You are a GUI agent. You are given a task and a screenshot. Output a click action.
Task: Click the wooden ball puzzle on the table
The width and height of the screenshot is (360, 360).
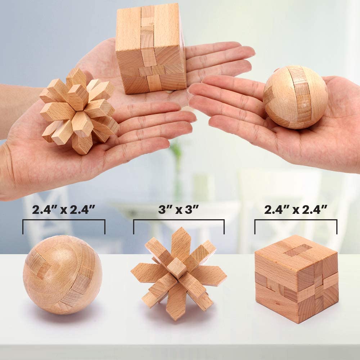coord(62,275)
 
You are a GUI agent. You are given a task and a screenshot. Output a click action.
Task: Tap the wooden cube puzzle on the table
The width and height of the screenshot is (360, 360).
coord(297,279)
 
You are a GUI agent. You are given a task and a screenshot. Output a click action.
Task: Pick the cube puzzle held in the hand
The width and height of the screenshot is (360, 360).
coord(151,48)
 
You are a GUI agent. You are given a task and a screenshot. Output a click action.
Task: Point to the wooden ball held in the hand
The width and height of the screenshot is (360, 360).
coord(296,97)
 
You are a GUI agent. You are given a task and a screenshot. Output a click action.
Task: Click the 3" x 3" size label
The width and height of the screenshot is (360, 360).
coord(179,210)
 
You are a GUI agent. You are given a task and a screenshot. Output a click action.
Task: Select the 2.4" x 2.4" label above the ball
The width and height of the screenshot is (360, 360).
coord(63,210)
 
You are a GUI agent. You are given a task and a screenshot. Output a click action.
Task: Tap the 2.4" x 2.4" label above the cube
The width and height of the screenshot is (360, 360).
coord(296,210)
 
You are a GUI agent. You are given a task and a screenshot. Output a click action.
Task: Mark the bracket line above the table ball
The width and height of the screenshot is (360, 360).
coord(64,220)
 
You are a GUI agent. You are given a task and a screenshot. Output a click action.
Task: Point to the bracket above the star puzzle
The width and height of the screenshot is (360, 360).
coord(179,220)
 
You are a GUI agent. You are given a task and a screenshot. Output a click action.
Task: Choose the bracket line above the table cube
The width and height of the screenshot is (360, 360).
coord(296,220)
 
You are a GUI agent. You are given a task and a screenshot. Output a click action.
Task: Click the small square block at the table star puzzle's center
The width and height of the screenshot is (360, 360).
coord(176,267)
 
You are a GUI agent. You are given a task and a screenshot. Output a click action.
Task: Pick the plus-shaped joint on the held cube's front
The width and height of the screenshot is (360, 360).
coord(152,70)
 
